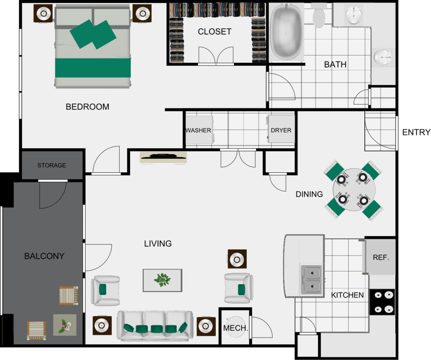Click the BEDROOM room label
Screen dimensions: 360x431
click(x=87, y=107)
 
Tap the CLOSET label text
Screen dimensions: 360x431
click(x=214, y=32)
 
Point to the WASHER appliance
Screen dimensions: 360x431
click(x=199, y=130)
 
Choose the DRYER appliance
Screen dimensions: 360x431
click(x=281, y=130)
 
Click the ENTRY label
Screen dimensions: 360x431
click(x=416, y=132)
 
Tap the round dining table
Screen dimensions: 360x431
click(x=354, y=190)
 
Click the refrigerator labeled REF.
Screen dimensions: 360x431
click(x=381, y=257)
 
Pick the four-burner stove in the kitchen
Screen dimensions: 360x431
click(x=383, y=302)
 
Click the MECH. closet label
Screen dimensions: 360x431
click(x=235, y=328)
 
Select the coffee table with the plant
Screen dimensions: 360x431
click(x=162, y=280)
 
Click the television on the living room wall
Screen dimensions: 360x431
click(x=163, y=156)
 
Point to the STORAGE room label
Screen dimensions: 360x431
click(x=52, y=165)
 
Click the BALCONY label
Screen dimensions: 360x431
click(x=44, y=256)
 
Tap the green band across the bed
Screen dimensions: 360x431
click(x=93, y=68)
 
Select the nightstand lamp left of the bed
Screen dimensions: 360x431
click(x=43, y=13)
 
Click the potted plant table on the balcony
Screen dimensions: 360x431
click(x=65, y=325)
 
